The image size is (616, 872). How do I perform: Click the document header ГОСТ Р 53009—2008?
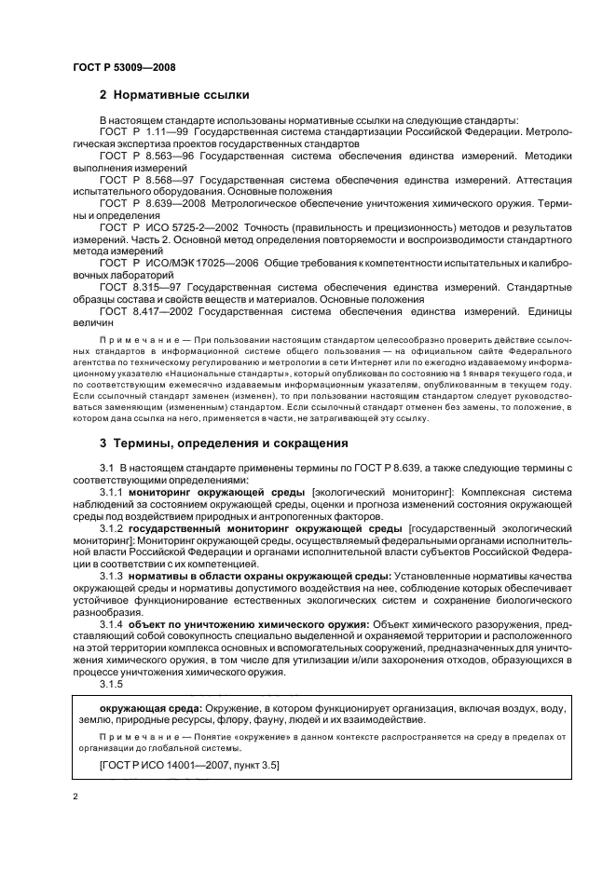coord(123,67)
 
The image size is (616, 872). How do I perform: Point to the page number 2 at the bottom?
coord(75,797)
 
